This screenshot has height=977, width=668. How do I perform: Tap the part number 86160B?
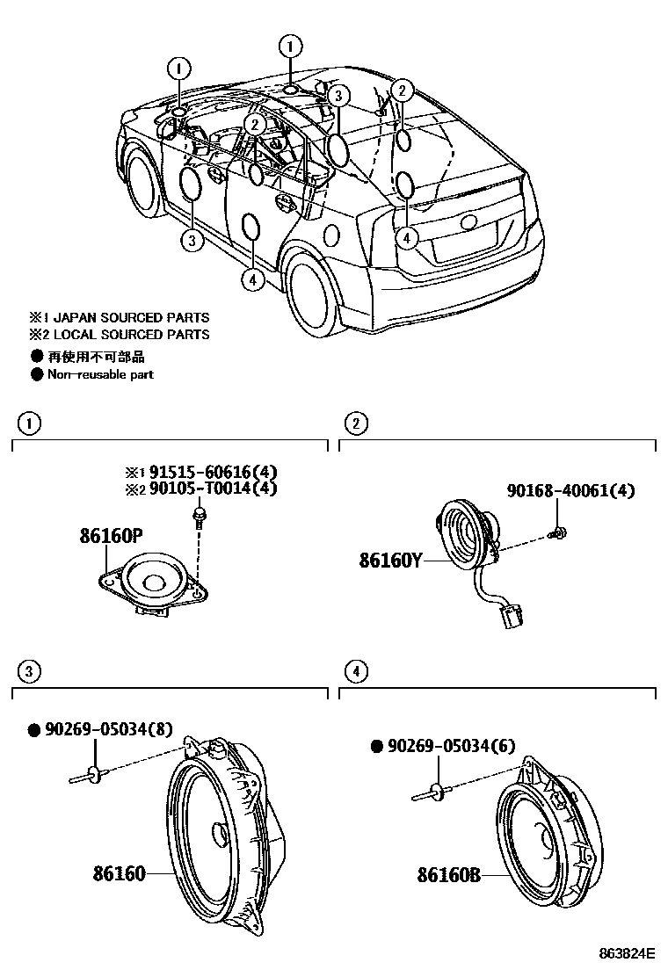tap(449, 875)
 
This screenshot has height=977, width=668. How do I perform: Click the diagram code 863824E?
tap(628, 952)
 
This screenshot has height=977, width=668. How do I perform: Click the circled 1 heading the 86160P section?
tap(31, 424)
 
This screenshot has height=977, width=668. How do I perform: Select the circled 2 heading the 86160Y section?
tap(355, 424)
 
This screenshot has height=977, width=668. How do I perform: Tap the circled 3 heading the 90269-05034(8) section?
tap(31, 672)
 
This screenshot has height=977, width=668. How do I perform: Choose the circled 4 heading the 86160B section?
tap(355, 672)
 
